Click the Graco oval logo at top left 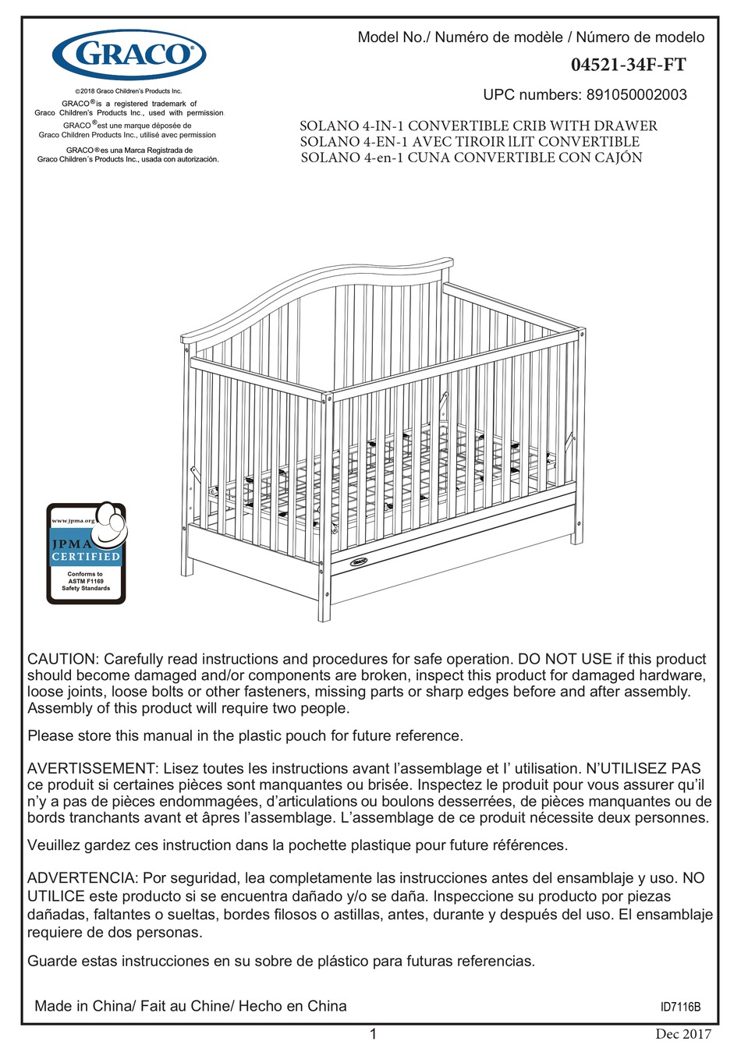tap(129, 55)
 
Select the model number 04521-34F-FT tap(628, 66)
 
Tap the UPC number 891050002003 tap(636, 95)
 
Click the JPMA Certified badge tap(86, 552)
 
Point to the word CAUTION tap(62, 659)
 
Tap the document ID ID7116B tap(680, 1007)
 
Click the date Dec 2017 tap(683, 1035)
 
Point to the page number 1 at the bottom tap(373, 1034)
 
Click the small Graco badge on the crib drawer tap(359, 561)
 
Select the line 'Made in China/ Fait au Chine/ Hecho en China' tap(190, 1006)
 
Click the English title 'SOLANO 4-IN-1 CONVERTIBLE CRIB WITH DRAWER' tap(478, 126)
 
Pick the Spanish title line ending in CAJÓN tap(471, 158)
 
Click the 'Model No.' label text tap(393, 37)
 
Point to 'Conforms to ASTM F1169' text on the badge tap(86, 578)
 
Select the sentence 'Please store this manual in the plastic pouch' tap(245, 735)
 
